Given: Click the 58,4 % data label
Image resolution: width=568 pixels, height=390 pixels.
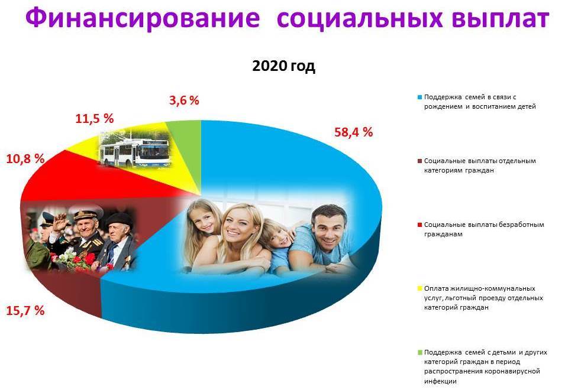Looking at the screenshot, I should pos(353,132).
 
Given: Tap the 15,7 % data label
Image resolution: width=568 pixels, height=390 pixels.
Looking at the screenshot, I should pos(25,310).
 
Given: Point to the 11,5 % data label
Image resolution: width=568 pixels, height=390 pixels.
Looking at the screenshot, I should pos(94,118).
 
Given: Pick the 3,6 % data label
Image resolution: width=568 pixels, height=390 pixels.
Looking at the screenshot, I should pos(184,100).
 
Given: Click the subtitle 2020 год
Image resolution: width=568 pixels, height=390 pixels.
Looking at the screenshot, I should pos(283,66).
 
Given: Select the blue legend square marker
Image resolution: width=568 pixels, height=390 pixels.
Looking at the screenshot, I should pos(420,97).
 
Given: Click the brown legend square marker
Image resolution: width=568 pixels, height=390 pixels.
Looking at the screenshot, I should pos(420,161).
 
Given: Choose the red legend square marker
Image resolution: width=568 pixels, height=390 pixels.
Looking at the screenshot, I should pos(420,225).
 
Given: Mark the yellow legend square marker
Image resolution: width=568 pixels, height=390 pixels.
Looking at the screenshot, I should pos(420,288).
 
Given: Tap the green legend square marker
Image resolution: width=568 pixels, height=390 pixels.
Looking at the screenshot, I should pos(420,352).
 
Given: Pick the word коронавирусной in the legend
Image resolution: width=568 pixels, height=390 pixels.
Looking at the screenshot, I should pos(512,371).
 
